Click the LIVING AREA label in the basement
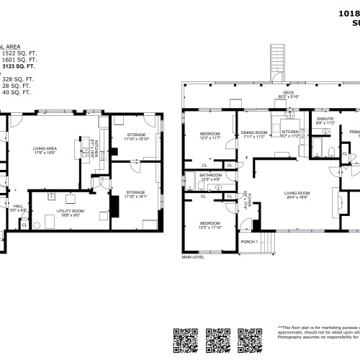(x=44, y=150)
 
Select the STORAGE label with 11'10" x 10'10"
(x=137, y=136)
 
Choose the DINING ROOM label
(x=254, y=133)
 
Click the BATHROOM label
(x=210, y=176)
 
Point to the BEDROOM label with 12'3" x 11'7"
(x=210, y=135)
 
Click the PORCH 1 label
(x=248, y=240)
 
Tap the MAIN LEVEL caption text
(x=193, y=257)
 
